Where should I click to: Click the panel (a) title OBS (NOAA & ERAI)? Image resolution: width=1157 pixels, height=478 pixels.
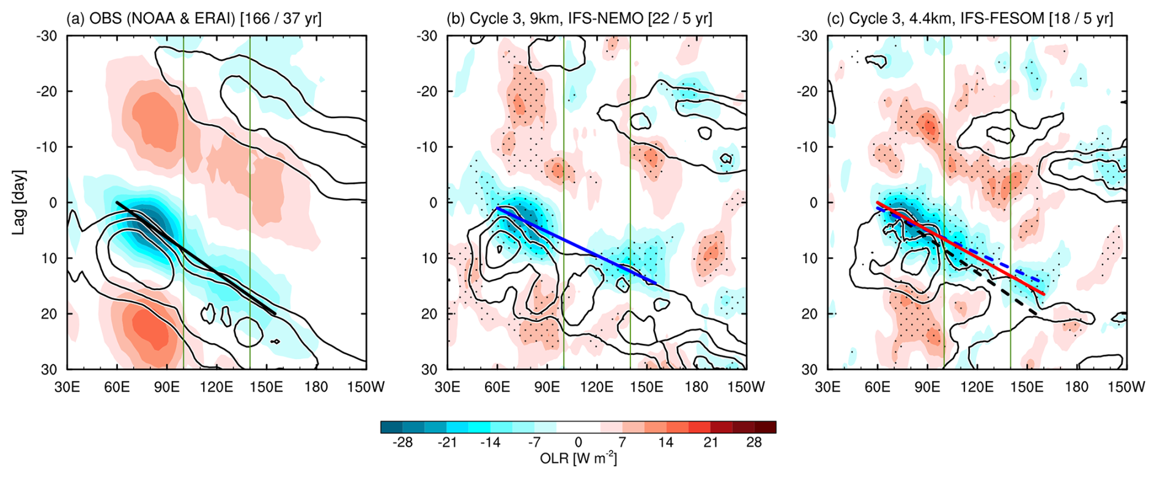click(194, 18)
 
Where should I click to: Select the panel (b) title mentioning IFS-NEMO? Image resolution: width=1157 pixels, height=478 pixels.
click(579, 18)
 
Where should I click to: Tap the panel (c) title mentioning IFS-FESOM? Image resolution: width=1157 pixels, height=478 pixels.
click(969, 18)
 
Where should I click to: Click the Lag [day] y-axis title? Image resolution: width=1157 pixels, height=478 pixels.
click(21, 203)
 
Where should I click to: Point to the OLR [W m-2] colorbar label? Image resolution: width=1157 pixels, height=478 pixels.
click(578, 458)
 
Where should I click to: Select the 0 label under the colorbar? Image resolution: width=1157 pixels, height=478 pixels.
click(578, 442)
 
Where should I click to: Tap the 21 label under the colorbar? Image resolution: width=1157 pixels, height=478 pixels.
click(710, 442)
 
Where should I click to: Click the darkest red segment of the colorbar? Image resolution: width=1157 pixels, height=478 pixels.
click(765, 427)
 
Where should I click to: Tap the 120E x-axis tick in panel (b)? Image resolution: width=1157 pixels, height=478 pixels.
click(597, 387)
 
